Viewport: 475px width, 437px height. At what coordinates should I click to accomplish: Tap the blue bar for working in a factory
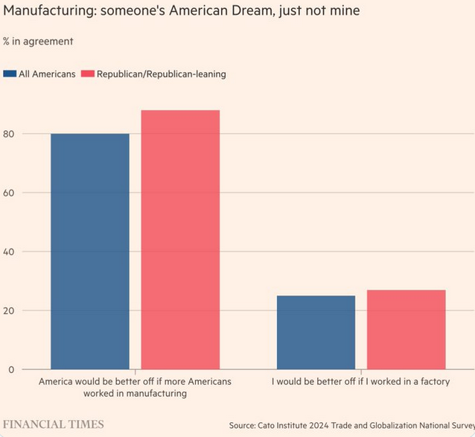click(x=316, y=332)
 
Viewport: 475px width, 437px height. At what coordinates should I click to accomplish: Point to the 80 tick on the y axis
click(x=9, y=134)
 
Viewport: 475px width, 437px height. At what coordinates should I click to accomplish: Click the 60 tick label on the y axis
click(x=9, y=192)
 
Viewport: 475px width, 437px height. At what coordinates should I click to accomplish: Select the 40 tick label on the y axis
click(x=9, y=251)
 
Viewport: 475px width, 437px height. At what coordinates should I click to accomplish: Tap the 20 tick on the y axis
click(x=9, y=311)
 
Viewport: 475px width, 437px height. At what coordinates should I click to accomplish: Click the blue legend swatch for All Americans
click(x=10, y=74)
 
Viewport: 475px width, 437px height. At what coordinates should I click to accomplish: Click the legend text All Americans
click(x=46, y=74)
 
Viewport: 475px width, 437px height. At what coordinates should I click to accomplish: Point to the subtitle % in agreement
click(x=39, y=41)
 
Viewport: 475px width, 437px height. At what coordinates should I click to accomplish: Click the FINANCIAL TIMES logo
click(x=54, y=424)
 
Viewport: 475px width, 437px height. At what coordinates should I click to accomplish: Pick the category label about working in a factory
click(x=360, y=381)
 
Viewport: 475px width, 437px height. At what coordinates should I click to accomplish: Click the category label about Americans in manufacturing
click(x=135, y=387)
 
